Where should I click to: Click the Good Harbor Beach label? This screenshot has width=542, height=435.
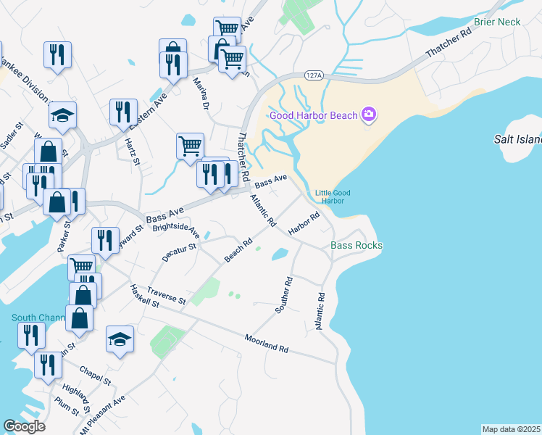pos(314,115)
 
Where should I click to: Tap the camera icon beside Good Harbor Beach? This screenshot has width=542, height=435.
pos(369,114)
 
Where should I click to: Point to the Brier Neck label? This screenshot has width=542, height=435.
pos(497,22)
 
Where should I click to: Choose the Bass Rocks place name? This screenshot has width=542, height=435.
pos(357,246)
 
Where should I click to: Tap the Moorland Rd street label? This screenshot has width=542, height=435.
pos(266,344)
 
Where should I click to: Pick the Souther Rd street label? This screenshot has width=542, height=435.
pos(283,295)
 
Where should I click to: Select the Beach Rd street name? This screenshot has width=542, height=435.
pos(238,251)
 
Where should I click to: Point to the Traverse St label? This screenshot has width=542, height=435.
pos(166,294)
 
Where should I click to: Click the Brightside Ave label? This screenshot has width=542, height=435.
pos(176,231)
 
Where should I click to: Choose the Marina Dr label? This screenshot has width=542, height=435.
pos(201,91)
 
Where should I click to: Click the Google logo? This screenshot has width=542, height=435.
pos(25,426)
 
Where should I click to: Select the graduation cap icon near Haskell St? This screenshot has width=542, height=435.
pos(120,339)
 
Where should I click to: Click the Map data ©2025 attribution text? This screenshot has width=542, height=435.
pos(510,429)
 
